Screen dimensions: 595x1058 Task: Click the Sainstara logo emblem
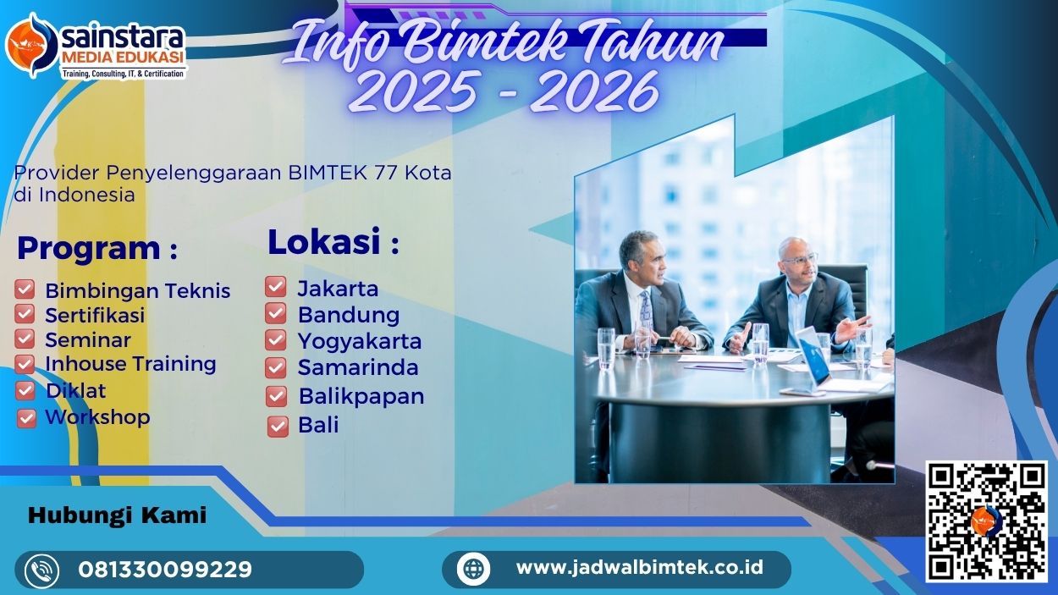click(x=31, y=44)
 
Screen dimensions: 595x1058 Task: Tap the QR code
click(x=986, y=521)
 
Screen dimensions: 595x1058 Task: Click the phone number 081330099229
click(x=165, y=570)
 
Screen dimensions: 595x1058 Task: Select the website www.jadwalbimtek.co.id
click(x=639, y=567)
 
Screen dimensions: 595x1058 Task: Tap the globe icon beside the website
click(x=473, y=568)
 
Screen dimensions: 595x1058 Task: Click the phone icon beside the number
click(x=42, y=570)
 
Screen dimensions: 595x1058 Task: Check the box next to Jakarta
click(x=276, y=287)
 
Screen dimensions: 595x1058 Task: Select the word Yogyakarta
click(x=360, y=341)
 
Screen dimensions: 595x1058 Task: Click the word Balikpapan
click(x=361, y=396)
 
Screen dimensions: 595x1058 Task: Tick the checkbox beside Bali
click(x=278, y=426)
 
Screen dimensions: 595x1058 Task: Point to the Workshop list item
click(x=97, y=417)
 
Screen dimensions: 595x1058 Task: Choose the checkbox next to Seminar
click(x=25, y=339)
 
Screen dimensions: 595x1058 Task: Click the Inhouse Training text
click(x=130, y=364)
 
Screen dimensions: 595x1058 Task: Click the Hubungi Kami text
click(x=117, y=515)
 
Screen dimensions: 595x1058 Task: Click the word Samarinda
click(x=358, y=368)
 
